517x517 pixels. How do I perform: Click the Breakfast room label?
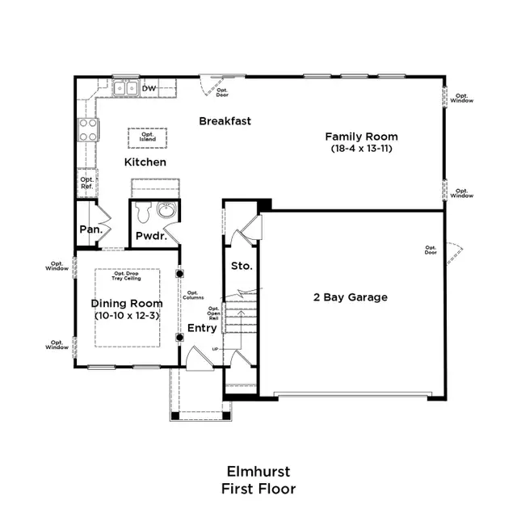[225, 121]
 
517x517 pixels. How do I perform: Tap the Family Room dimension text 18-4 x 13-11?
[361, 149]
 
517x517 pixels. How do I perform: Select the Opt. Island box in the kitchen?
[147, 137]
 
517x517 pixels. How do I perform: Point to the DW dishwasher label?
[149, 88]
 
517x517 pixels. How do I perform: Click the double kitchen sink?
[124, 88]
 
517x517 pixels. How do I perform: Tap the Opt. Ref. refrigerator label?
[86, 183]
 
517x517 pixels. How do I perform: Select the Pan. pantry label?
[89, 229]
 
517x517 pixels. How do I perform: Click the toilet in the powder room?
[145, 212]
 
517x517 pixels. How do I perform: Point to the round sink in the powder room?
[166, 211]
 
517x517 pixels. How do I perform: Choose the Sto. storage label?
[242, 265]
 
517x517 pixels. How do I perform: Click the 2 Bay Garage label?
[350, 297]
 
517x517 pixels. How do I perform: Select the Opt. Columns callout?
[194, 296]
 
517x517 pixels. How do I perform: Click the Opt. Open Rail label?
[214, 313]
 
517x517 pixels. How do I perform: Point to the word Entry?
[202, 328]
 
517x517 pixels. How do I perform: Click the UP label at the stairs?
[214, 348]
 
